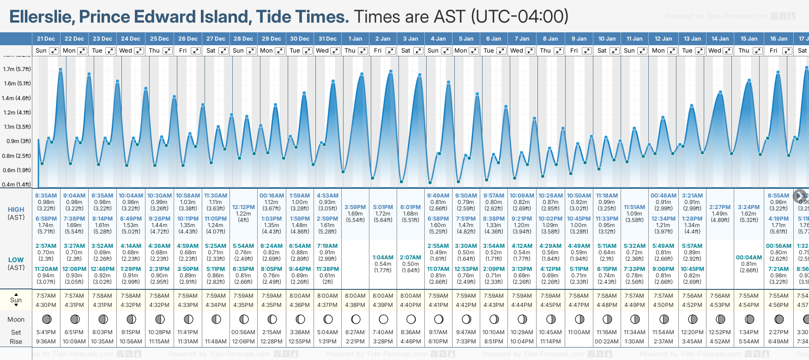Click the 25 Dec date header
[159, 39]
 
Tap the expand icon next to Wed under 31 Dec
[336, 51]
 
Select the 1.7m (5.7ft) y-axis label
[17, 69]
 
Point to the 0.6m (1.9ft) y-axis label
[17, 170]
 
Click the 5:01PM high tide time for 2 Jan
[383, 207]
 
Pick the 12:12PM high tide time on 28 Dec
[243, 207]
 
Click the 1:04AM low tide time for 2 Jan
[383, 258]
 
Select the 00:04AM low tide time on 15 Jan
[749, 258]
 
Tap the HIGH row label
[16, 210]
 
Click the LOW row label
[16, 260]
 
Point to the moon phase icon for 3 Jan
[411, 319]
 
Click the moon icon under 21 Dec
[46, 319]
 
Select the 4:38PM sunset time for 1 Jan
[355, 305]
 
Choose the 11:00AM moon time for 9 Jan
[579, 332]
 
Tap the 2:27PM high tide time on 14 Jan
[720, 207]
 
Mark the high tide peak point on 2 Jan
[391, 72]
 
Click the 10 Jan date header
[607, 39]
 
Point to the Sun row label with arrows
[16, 300]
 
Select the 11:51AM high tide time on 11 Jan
[634, 207]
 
